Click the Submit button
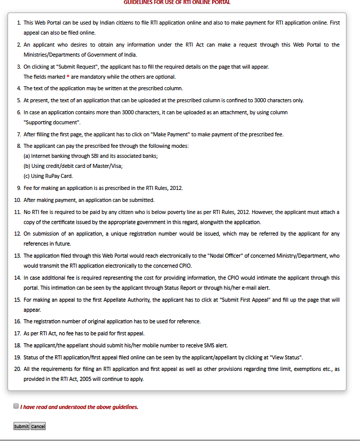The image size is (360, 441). pyautogui.click(x=21, y=426)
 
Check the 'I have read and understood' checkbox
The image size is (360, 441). pyautogui.click(x=16, y=406)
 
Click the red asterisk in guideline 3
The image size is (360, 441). pyautogui.click(x=68, y=77)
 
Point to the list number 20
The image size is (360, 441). pyautogui.click(x=18, y=369)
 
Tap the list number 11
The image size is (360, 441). pyautogui.click(x=18, y=212)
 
